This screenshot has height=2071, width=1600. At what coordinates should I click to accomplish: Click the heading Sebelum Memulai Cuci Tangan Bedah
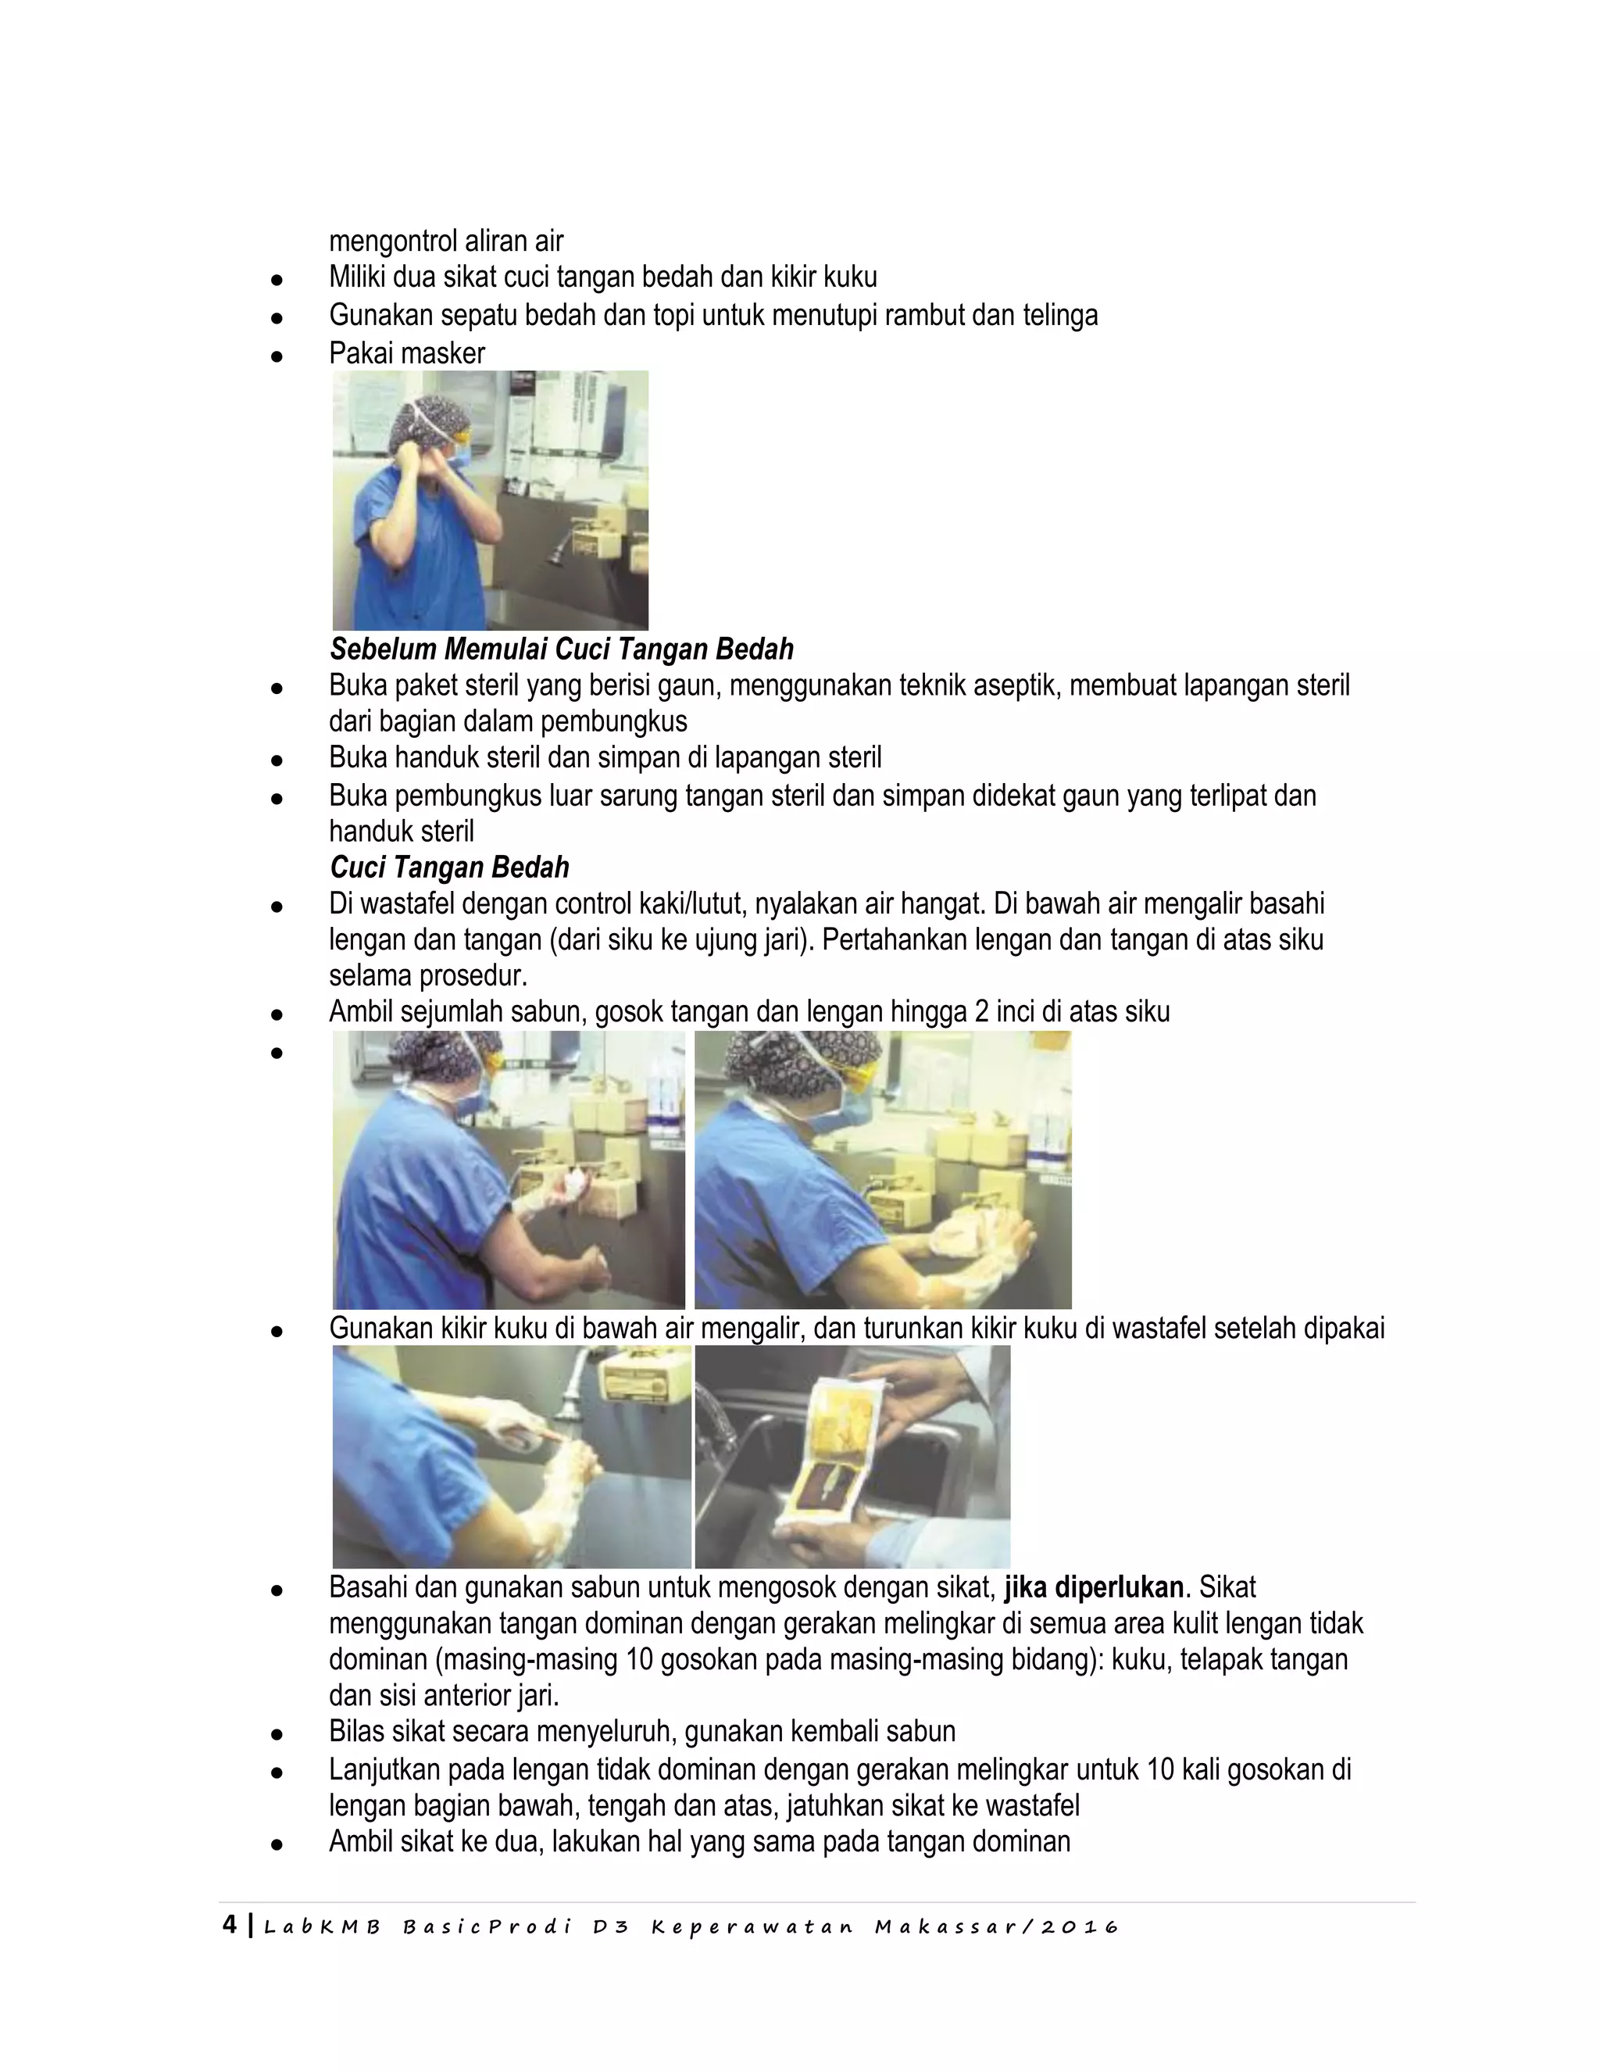(x=561, y=649)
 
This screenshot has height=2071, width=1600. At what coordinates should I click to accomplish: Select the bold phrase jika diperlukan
(x=1094, y=1587)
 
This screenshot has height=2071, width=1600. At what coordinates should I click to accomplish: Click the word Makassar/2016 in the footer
(x=996, y=1927)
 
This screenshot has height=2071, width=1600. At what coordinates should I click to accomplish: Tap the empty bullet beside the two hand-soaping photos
(x=277, y=1053)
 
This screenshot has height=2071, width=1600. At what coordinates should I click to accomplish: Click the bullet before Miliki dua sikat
(x=277, y=281)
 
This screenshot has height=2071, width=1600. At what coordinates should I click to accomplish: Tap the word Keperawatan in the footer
(x=752, y=1927)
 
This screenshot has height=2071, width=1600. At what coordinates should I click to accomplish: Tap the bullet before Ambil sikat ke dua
(x=277, y=1844)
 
